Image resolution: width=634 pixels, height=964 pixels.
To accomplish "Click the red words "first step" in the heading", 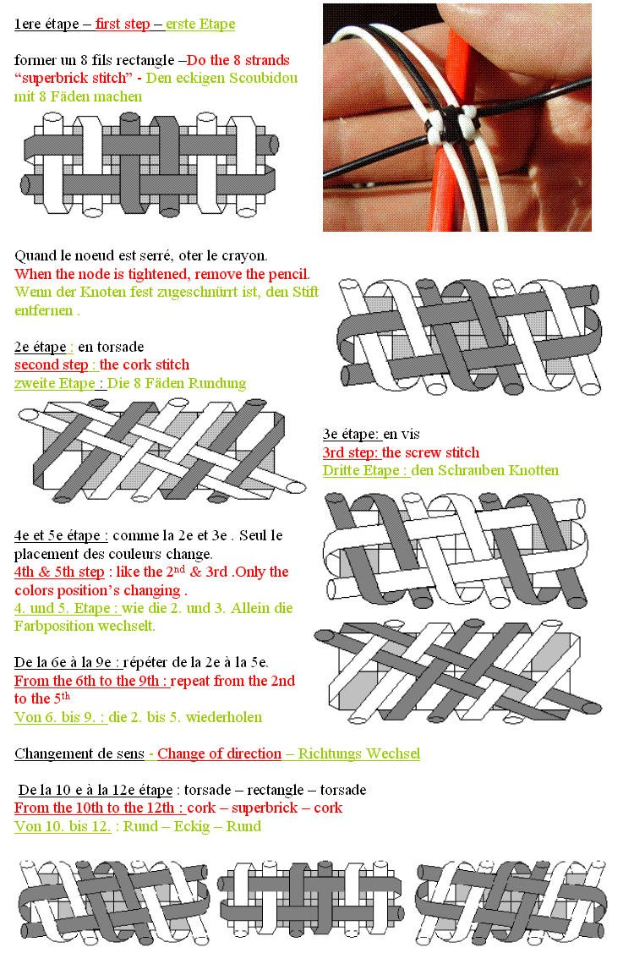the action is (x=123, y=24).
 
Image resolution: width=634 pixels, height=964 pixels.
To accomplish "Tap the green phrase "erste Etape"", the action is (x=200, y=24).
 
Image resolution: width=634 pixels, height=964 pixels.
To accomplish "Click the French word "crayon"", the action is (x=243, y=255).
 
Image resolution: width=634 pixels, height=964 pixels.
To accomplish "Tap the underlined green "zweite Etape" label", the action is (x=55, y=384).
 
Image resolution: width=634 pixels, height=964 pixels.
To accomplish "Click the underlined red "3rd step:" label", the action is (x=350, y=453).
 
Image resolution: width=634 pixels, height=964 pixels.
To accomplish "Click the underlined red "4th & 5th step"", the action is (x=59, y=572).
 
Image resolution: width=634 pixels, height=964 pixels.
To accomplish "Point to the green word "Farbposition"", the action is (x=54, y=627).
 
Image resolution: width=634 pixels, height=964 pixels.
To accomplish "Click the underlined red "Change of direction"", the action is (x=219, y=753).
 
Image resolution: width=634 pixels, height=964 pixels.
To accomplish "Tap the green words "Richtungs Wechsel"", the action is (x=359, y=753).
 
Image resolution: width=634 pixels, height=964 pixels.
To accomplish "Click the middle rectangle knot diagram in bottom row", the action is (x=311, y=900).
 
